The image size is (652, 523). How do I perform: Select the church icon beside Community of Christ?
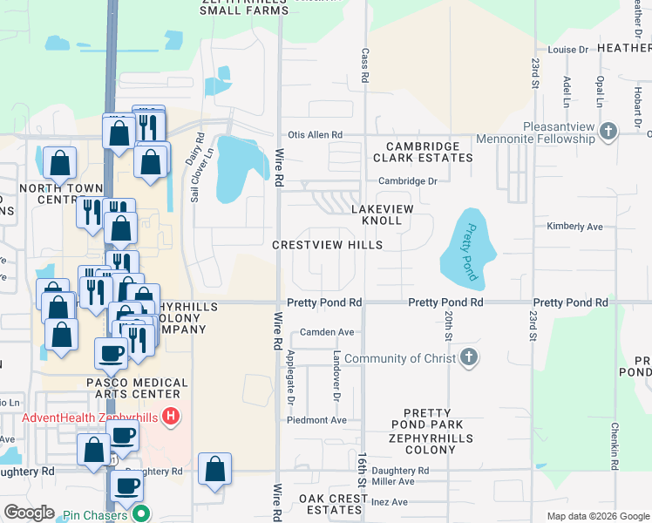coord(469,358)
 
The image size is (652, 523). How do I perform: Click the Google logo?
coord(29,513)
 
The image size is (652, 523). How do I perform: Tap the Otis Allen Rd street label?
coord(315,135)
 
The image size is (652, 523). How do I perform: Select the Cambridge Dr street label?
coord(407,181)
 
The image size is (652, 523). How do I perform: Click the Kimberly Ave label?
coord(575,227)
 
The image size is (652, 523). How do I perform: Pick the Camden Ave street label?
coord(327,332)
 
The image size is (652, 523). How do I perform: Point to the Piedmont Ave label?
coord(317,420)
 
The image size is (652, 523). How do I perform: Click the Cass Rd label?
coord(365,61)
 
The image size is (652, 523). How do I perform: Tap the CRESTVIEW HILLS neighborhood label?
coord(327,246)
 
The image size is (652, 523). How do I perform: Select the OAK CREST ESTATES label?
coord(334,504)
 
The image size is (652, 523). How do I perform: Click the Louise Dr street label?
coord(569,50)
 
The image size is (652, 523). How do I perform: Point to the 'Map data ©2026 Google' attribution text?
coord(597,516)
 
